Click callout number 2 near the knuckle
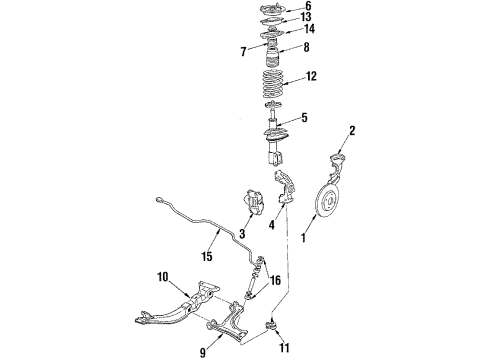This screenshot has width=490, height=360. [x=351, y=130]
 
